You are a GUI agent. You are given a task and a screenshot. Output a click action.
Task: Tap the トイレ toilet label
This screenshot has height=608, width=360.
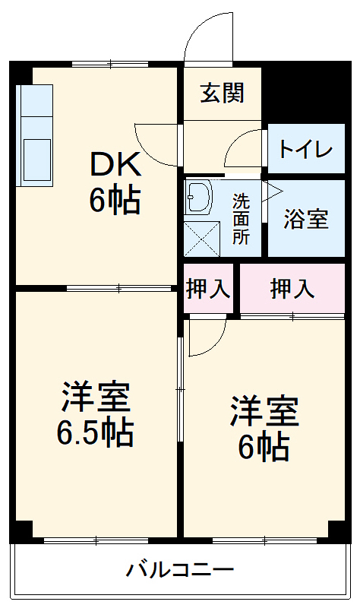coord(305,148)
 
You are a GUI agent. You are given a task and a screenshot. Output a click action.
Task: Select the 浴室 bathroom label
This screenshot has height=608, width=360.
coord(306,219)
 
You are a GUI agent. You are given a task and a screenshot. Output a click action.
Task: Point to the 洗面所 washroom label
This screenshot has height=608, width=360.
coord(241,219)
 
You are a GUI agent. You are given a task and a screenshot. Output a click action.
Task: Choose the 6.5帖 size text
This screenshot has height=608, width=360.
coord(95,433)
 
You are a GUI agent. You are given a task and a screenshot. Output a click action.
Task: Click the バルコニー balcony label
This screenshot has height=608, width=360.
coord(180,569)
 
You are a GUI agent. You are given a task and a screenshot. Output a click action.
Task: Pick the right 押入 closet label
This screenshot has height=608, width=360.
coord(292,289)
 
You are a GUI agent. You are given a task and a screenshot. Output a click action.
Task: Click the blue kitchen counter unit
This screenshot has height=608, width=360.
coord(36,137)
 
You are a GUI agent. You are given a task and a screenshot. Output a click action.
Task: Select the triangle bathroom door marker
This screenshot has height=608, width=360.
coord(271,190)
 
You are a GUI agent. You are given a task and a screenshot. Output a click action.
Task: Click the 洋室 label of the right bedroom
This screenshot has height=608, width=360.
coord(264,411)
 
